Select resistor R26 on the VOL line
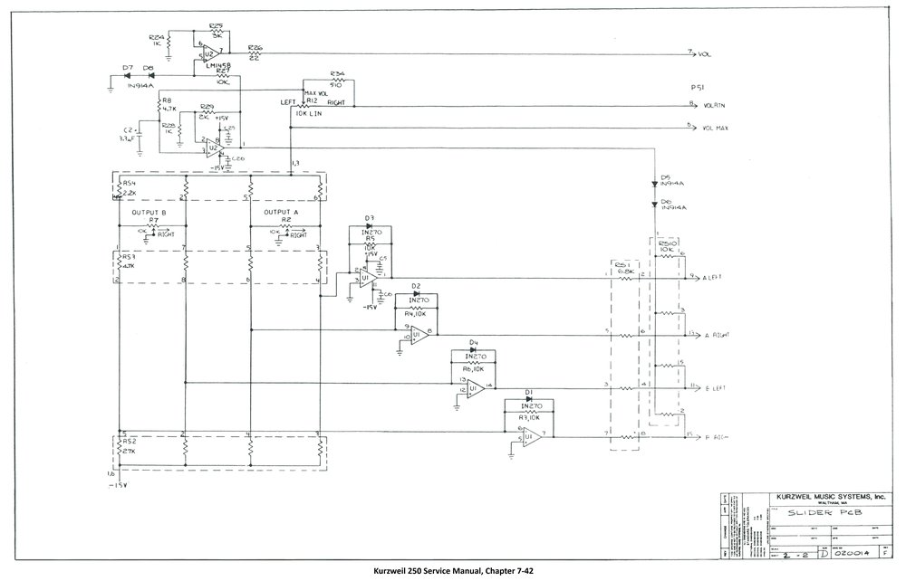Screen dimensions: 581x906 (255, 54)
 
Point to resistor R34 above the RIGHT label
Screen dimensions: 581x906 (337, 81)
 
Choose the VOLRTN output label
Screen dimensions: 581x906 (715, 107)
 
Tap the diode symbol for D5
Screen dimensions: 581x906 (654, 184)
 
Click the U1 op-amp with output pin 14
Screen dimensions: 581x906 (475, 387)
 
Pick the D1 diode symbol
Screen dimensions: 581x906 (528, 401)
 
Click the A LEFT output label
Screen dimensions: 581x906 (715, 278)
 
